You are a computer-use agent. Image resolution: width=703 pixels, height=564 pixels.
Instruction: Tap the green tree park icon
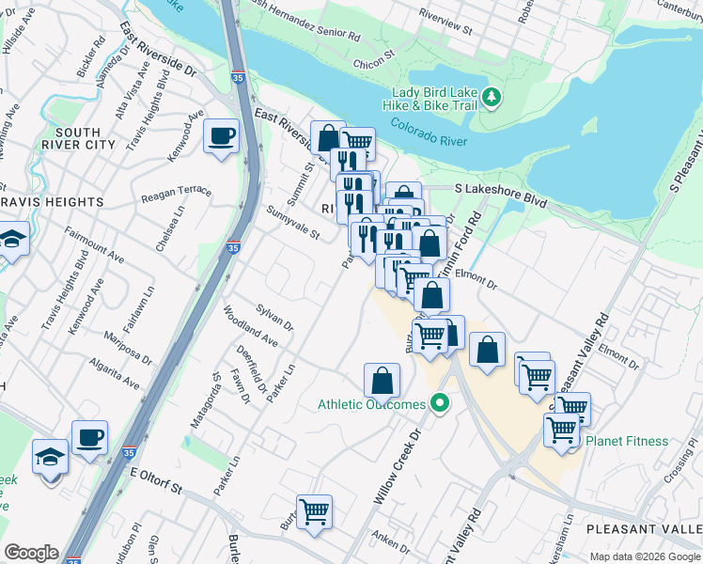tap(491, 97)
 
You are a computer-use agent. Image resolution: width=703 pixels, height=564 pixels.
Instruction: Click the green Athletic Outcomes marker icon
tap(438, 405)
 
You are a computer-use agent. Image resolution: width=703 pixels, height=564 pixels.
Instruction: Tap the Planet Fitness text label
tap(627, 441)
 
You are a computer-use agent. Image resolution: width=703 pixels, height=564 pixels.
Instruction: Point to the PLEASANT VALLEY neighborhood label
tap(643, 530)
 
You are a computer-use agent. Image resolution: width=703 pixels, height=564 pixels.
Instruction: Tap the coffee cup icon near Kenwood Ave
tap(221, 136)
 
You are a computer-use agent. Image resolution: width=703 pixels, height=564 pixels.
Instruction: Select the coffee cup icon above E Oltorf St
tap(89, 438)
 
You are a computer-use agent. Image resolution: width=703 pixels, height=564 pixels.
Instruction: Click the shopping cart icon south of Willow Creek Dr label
tap(314, 512)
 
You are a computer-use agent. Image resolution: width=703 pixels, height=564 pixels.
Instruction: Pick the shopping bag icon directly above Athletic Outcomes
tap(382, 382)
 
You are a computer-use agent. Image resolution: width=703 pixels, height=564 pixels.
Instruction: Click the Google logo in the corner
tap(31, 553)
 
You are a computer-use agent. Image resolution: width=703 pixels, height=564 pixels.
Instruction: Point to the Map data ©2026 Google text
tap(645, 556)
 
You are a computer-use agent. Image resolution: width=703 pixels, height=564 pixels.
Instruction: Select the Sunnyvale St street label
tap(291, 223)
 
